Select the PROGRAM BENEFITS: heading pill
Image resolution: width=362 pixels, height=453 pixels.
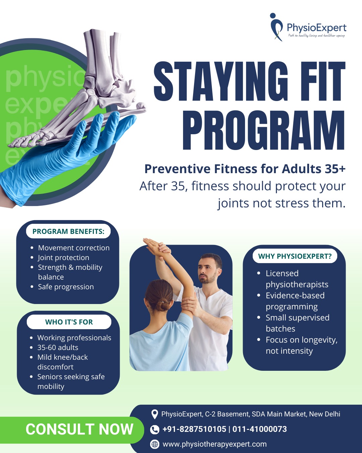(x=68, y=232)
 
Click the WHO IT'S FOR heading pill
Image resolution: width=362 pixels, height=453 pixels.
(x=69, y=322)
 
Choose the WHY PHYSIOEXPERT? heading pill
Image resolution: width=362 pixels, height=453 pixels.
(x=295, y=256)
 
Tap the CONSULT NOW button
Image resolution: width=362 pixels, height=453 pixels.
(x=79, y=430)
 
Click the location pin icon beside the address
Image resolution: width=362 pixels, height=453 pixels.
(x=155, y=414)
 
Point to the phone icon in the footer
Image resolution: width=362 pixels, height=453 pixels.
(x=155, y=430)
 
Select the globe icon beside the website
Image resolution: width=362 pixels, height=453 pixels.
(x=155, y=444)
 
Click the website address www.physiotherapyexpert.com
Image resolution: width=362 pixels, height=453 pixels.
(x=215, y=444)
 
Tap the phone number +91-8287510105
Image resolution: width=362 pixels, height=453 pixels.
(x=194, y=429)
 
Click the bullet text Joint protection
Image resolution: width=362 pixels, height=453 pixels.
(x=63, y=258)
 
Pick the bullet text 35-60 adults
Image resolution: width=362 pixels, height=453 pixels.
(x=58, y=348)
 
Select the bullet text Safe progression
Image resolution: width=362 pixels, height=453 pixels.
(x=66, y=287)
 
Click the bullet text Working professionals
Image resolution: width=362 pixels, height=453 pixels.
(x=74, y=338)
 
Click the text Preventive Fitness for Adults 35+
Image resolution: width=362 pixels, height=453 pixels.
(x=245, y=169)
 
